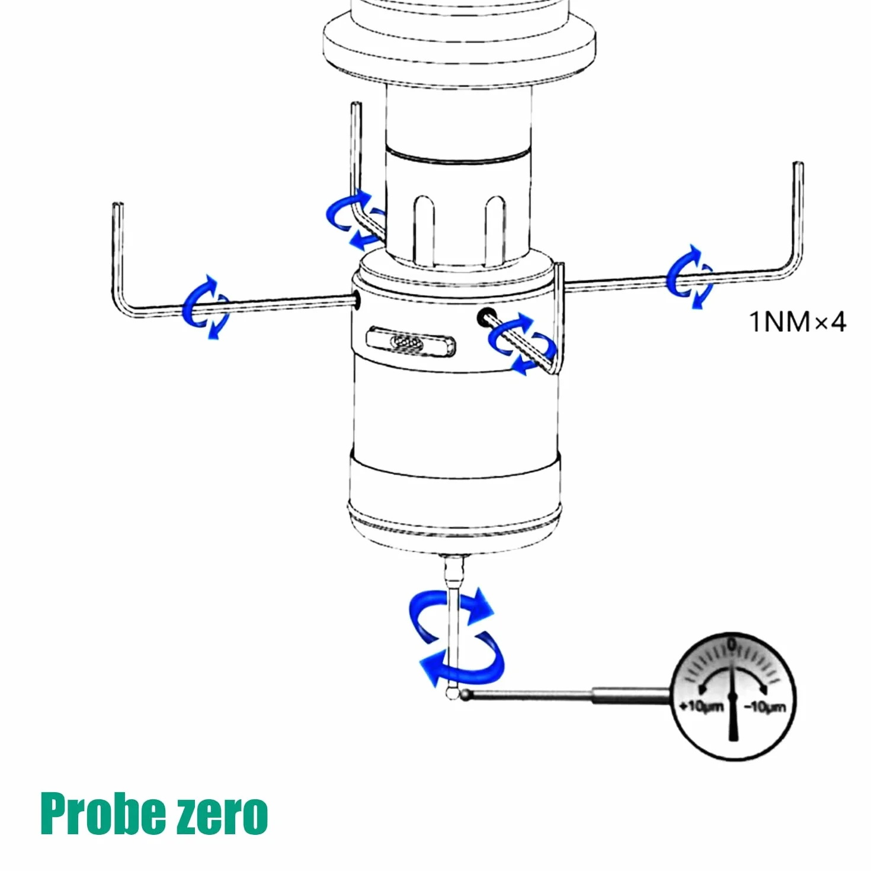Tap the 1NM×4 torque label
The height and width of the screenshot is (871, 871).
[x=797, y=322]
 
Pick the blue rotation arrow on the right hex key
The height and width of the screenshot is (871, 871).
[x=690, y=277]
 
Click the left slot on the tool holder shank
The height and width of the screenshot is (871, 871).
[x=424, y=230]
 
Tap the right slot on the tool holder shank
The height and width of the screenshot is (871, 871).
[x=495, y=230]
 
